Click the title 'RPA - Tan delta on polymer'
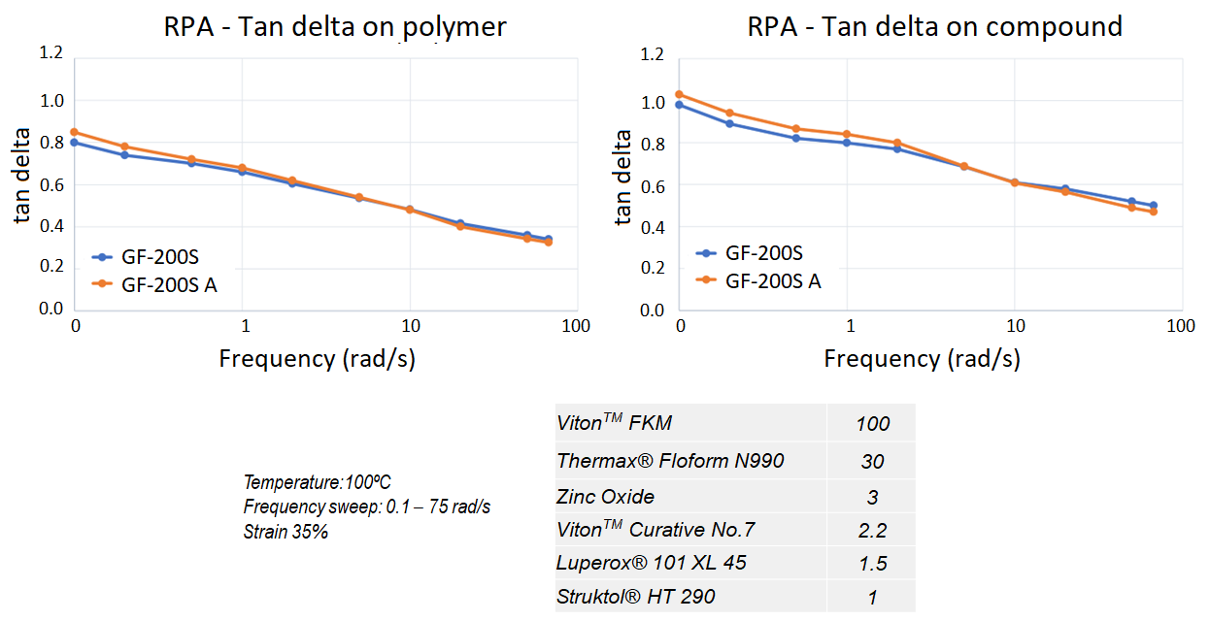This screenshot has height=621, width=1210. (334, 26)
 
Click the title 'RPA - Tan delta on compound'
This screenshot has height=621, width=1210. (934, 26)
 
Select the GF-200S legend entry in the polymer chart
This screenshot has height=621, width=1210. (161, 257)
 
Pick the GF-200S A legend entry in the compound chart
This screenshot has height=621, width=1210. (772, 281)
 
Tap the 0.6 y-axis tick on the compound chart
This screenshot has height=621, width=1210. (655, 185)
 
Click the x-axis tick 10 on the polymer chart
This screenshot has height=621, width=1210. (410, 325)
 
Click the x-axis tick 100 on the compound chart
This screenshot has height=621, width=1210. (1180, 325)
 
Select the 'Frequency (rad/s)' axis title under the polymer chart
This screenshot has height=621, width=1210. (317, 358)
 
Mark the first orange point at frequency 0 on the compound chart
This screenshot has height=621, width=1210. (680, 94)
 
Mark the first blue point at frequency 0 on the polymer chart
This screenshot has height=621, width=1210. (75, 143)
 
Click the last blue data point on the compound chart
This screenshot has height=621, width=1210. (1153, 206)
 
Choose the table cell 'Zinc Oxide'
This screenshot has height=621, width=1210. (605, 497)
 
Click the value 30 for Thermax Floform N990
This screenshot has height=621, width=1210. (871, 462)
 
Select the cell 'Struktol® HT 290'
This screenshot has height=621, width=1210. (635, 596)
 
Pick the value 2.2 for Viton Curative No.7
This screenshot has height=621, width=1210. (872, 531)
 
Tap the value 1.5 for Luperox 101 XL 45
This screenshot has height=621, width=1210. (872, 564)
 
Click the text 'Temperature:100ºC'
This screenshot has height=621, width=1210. (317, 482)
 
